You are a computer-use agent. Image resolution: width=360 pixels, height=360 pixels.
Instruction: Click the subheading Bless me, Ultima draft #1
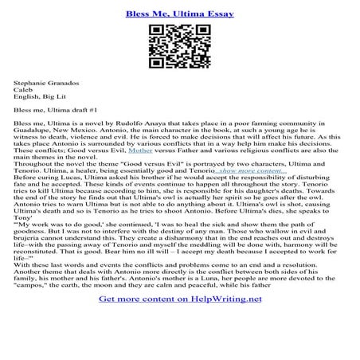click(55, 112)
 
